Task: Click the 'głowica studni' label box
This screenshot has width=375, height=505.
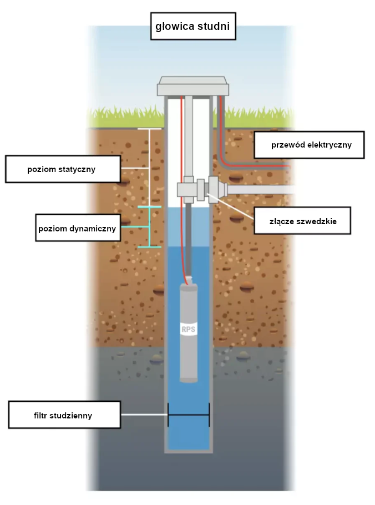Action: tap(193, 26)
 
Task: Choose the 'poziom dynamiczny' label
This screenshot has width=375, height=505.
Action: tap(78, 228)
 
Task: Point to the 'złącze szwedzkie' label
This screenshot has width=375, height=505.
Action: tap(302, 221)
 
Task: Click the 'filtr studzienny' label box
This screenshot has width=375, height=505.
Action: tap(64, 415)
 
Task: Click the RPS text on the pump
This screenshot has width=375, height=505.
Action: tap(188, 330)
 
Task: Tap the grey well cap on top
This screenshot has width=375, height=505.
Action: tap(193, 86)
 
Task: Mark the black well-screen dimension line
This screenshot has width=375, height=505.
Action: tap(189, 415)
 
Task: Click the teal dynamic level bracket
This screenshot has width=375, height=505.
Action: tap(150, 227)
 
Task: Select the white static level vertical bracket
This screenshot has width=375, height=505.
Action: tap(149, 168)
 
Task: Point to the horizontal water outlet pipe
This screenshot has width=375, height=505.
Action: tap(261, 189)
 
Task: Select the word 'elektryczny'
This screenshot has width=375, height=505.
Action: tap(330, 145)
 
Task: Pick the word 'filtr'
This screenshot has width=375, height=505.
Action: tap(40, 416)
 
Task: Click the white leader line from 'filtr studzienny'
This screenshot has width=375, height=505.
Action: tap(144, 415)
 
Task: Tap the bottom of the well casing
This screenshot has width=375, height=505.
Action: tap(189, 451)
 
